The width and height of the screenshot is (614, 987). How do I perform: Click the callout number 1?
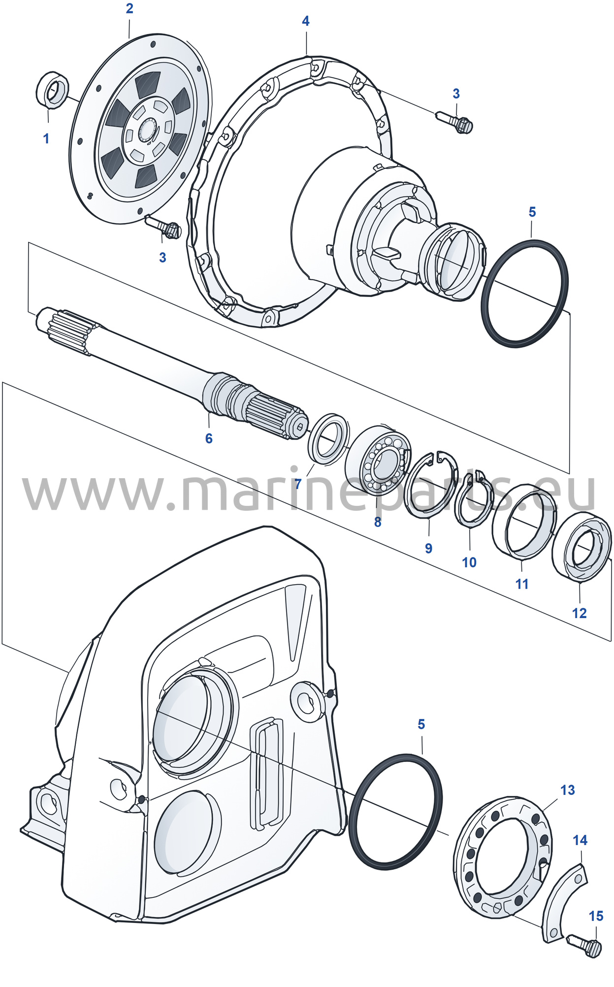pyautogui.click(x=46, y=138)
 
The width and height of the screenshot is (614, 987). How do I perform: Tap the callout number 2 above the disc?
pyautogui.click(x=129, y=8)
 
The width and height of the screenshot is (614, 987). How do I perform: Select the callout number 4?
pyautogui.click(x=306, y=21)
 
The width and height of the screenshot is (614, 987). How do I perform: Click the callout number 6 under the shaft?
pyautogui.click(x=209, y=438)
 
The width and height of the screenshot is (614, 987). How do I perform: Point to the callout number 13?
pyautogui.click(x=568, y=790)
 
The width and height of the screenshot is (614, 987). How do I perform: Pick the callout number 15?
pyautogui.click(x=596, y=916)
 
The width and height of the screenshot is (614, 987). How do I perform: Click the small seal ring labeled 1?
pyautogui.click(x=52, y=89)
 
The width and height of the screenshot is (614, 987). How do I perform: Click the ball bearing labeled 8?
pyautogui.click(x=378, y=461)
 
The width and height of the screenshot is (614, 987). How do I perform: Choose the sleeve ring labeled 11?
pyautogui.click(x=525, y=522)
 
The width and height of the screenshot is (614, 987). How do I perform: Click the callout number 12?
pyautogui.click(x=580, y=613)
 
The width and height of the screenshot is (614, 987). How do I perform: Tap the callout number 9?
pyautogui.click(x=429, y=548)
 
